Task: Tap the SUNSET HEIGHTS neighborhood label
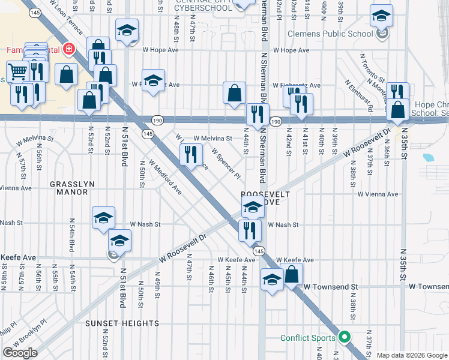pos(122,323)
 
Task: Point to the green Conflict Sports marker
pos(345,337)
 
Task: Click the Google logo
pos(20,352)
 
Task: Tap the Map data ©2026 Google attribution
pos(412,355)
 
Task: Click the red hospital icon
pos(70,49)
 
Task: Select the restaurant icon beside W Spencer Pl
pos(191,155)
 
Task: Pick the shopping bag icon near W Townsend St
pos(291,275)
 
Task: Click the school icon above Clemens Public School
pos(381,16)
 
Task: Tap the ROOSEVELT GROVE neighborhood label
pos(265,199)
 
